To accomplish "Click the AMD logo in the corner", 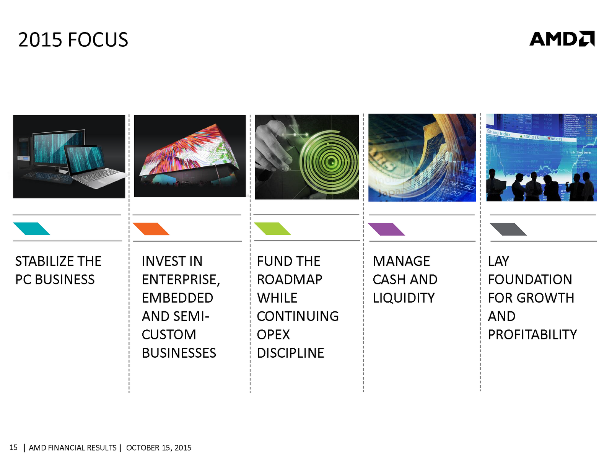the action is (x=562, y=39).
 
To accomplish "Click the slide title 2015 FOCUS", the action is (x=73, y=39).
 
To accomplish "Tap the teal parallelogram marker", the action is (x=31, y=228).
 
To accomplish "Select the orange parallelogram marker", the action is (x=151, y=229).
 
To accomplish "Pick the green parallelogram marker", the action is (x=272, y=228).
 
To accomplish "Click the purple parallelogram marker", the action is (x=387, y=229).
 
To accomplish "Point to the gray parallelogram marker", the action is (x=508, y=229).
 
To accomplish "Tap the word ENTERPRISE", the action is (x=179, y=280).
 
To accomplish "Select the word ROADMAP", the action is (x=290, y=280).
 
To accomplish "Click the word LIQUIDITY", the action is (x=404, y=298).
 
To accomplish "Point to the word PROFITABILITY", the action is (x=532, y=334).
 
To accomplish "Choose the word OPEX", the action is (x=273, y=334).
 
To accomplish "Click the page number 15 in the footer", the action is (x=13, y=448).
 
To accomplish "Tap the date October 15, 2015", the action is (x=159, y=448).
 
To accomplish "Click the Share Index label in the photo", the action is (x=499, y=133).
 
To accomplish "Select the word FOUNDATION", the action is (x=530, y=280).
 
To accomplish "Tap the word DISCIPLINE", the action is (x=291, y=353).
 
